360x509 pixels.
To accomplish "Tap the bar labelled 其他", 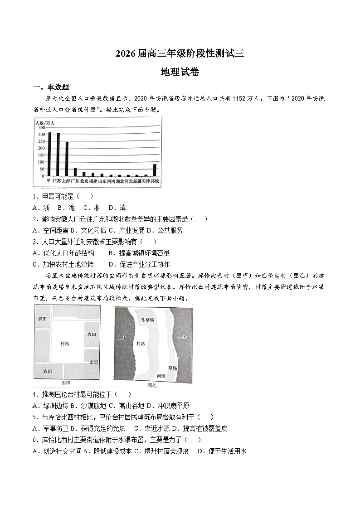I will tap(155, 170).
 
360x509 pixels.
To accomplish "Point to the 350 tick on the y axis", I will tap(42, 128).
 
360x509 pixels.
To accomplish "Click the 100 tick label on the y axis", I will tap(42, 162).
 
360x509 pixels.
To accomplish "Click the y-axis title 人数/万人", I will tap(44, 122).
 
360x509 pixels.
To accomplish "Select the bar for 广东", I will tap(75, 172).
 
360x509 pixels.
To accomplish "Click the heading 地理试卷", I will tap(180, 72).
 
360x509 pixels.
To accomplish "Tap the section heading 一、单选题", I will tap(51, 87).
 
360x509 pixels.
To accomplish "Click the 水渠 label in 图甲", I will tap(94, 363).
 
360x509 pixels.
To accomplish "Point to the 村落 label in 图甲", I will tap(65, 344).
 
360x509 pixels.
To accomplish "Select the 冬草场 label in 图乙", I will tap(148, 320).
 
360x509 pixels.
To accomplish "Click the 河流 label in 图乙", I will tap(161, 376).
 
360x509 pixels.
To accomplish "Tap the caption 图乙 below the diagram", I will tap(151, 385).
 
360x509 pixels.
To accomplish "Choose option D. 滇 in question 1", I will tap(117, 208).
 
